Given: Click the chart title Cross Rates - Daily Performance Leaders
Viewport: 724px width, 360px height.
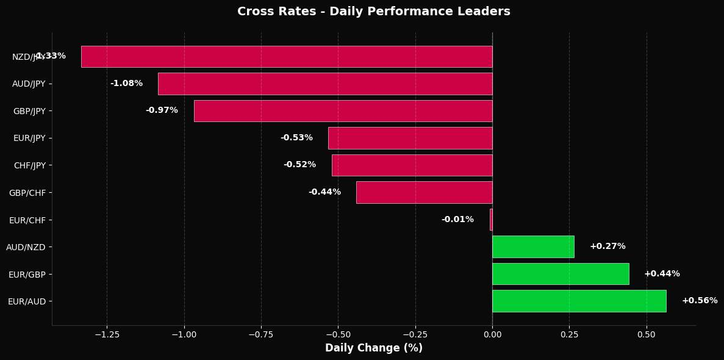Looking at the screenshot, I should click(x=373, y=11).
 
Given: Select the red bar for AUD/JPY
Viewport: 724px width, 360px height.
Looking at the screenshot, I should click(x=325, y=84).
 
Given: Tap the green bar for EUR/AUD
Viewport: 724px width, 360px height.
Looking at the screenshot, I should click(x=579, y=301).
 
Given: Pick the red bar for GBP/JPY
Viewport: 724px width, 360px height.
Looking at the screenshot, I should click(x=343, y=110).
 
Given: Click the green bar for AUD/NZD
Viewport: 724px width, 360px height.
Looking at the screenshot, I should click(x=533, y=247).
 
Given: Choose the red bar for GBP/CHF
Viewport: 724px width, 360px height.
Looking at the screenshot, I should click(x=424, y=192).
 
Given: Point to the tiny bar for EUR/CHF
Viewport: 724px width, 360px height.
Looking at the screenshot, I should click(x=491, y=220).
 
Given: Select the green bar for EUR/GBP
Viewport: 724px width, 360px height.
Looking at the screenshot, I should click(x=561, y=274).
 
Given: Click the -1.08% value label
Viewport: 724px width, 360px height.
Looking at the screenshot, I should click(x=126, y=84).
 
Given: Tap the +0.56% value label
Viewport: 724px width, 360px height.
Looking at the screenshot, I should click(x=700, y=301).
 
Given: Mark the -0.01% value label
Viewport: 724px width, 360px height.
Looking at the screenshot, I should click(x=457, y=220).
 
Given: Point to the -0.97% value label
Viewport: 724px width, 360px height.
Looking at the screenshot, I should click(x=162, y=110).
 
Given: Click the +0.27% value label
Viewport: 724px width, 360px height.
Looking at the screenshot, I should click(x=608, y=247).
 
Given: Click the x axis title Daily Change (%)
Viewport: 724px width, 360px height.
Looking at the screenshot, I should click(x=373, y=348).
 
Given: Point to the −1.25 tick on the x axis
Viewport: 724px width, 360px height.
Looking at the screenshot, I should click(x=107, y=335).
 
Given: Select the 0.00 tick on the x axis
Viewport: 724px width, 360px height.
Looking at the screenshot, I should click(x=492, y=335).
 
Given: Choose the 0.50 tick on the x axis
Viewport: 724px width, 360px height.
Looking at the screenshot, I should click(x=647, y=335).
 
